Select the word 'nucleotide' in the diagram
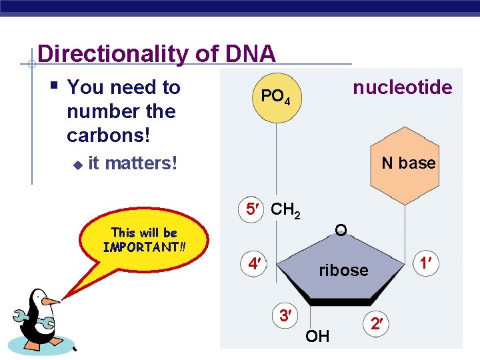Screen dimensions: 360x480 [402, 88]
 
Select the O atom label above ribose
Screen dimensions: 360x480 [341, 231]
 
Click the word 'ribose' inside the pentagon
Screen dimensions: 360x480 [343, 270]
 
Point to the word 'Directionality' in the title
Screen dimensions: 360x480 [113, 53]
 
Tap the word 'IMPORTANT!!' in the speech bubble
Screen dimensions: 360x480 [144, 247]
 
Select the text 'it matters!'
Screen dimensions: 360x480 [133, 163]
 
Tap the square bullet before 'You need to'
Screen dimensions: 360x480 [54, 86]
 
